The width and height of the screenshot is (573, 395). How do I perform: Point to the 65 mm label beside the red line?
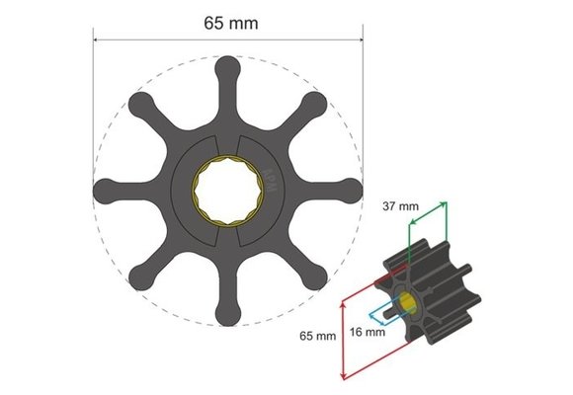point(318,336)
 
